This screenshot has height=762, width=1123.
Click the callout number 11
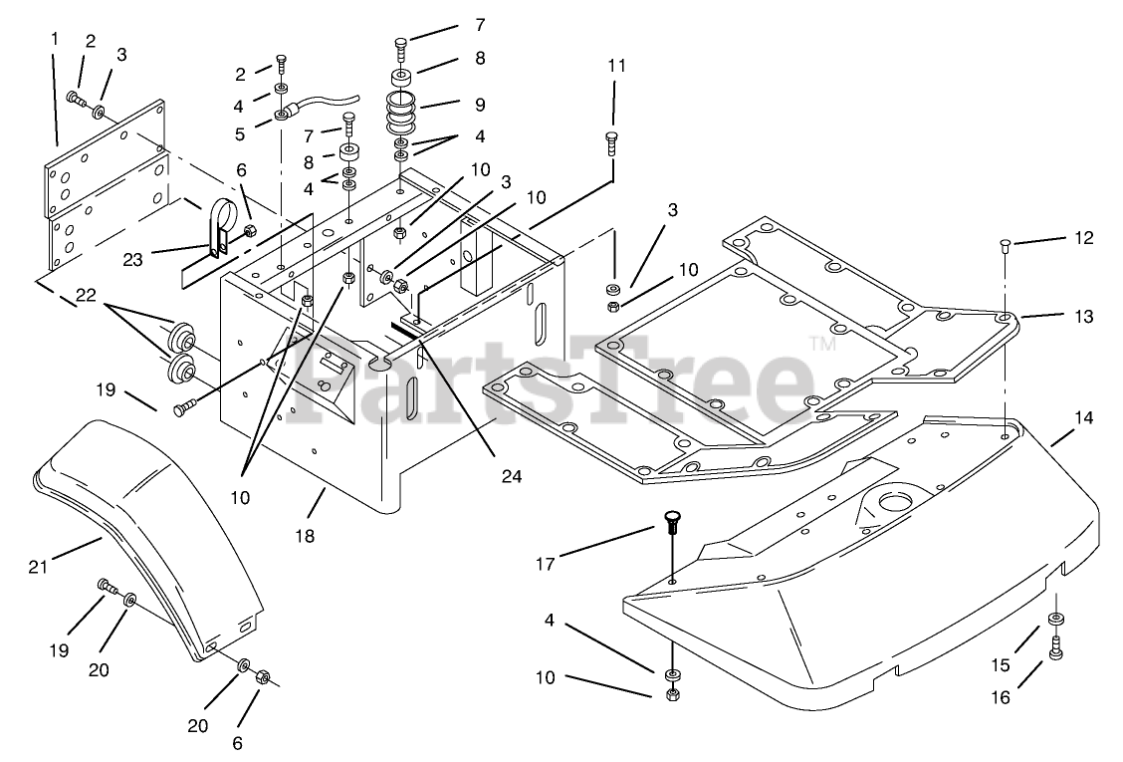[616, 66]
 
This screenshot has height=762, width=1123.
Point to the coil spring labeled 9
[403, 109]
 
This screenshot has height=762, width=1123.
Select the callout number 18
[304, 536]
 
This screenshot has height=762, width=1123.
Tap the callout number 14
[1083, 419]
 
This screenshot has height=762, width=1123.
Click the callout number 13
[1084, 317]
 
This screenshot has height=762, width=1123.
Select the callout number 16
[1000, 698]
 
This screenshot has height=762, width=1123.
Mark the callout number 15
[1000, 664]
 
